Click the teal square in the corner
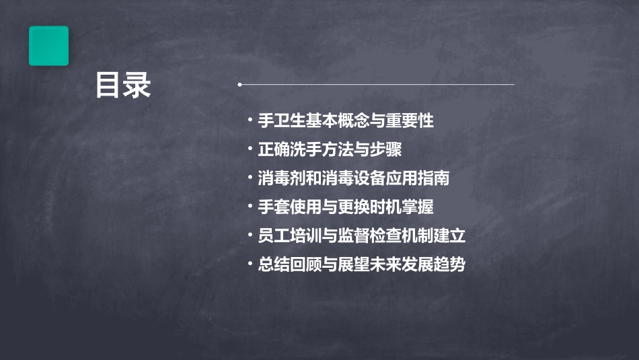coord(48,46)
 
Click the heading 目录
coord(122,85)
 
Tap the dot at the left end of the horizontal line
coord(239,85)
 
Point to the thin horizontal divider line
coord(377,85)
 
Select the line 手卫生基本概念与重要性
coord(345,121)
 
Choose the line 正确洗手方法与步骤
coord(330,149)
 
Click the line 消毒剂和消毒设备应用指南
coord(353,178)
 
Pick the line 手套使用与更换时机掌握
coord(345,207)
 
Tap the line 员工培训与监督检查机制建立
coord(361,236)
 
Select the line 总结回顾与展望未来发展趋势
coord(361,265)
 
